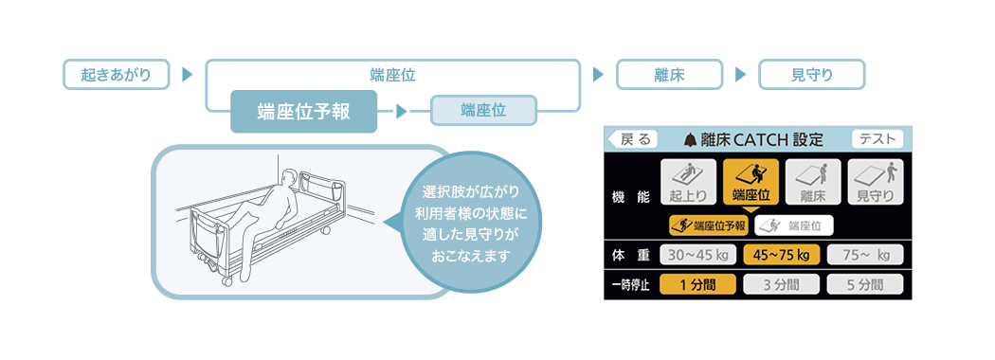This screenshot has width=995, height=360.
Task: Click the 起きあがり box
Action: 117,75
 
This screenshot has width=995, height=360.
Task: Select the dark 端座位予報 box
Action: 303,112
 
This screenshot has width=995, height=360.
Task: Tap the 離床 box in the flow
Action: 670,75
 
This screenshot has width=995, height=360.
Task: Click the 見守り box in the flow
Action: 812,75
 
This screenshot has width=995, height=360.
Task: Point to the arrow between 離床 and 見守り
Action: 740,75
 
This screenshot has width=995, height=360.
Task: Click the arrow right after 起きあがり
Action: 187,75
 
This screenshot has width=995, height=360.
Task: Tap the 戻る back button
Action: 632,139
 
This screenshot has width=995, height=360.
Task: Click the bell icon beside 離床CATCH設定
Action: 691,139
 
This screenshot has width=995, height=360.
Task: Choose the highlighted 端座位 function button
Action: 751,182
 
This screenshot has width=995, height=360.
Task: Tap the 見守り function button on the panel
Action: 875,182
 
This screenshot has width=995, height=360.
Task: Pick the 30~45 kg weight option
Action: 698,255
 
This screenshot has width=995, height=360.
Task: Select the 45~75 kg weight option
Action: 781,255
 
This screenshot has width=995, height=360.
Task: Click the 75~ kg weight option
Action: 864,255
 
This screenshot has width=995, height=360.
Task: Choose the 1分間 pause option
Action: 698,285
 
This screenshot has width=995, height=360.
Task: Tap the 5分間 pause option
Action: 864,285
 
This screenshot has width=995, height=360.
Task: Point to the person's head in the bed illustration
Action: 289,177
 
